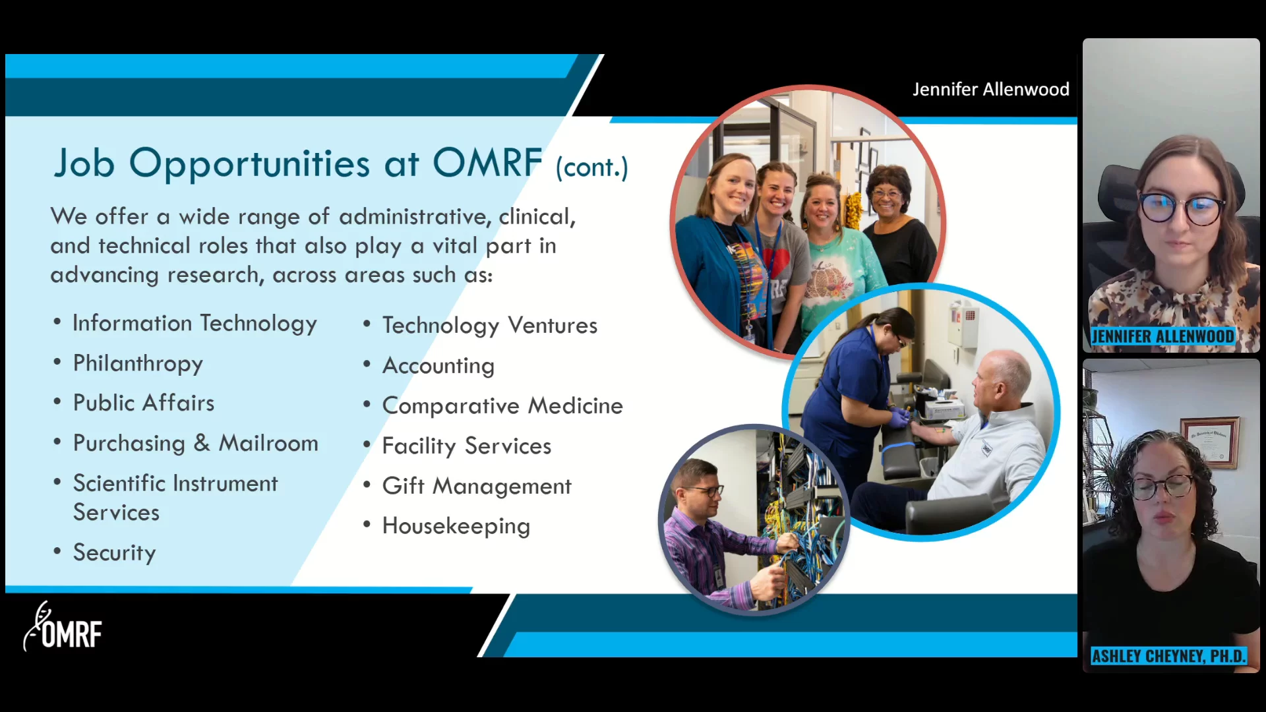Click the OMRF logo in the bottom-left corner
coord(63,627)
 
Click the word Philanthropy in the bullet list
coord(138,364)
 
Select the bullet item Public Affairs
coord(144,403)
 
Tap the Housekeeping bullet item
coord(456,526)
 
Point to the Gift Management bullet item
coord(477,487)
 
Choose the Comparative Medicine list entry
coord(502,406)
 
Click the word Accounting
coord(438,366)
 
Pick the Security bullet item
coord(114,553)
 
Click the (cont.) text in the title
coord(591,167)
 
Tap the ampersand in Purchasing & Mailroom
coord(201,443)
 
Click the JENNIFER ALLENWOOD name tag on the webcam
coord(1162,336)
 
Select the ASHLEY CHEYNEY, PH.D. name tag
coord(1168,656)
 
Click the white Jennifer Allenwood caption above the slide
coord(990,90)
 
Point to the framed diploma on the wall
coord(1209,441)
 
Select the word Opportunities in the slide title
coord(249,163)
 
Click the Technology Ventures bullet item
coord(489,326)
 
